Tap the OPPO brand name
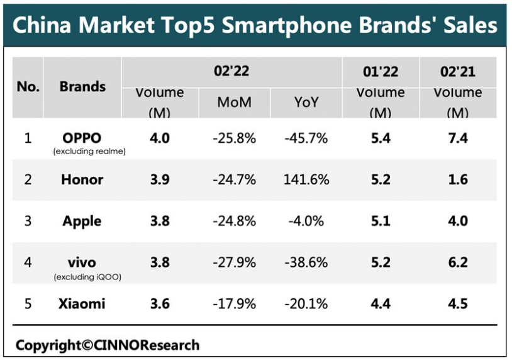click(x=82, y=137)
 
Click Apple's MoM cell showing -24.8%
click(x=234, y=221)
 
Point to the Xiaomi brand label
click(x=82, y=304)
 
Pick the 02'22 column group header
click(x=231, y=71)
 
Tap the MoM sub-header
click(x=234, y=102)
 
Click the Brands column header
click(x=82, y=87)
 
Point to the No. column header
click(x=28, y=87)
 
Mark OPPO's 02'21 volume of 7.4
click(x=458, y=138)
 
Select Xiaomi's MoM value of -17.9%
click(x=234, y=304)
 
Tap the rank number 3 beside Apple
click(x=28, y=221)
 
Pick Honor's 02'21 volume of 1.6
click(x=458, y=180)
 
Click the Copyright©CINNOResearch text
click(x=108, y=345)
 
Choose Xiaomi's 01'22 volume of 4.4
click(x=381, y=304)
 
